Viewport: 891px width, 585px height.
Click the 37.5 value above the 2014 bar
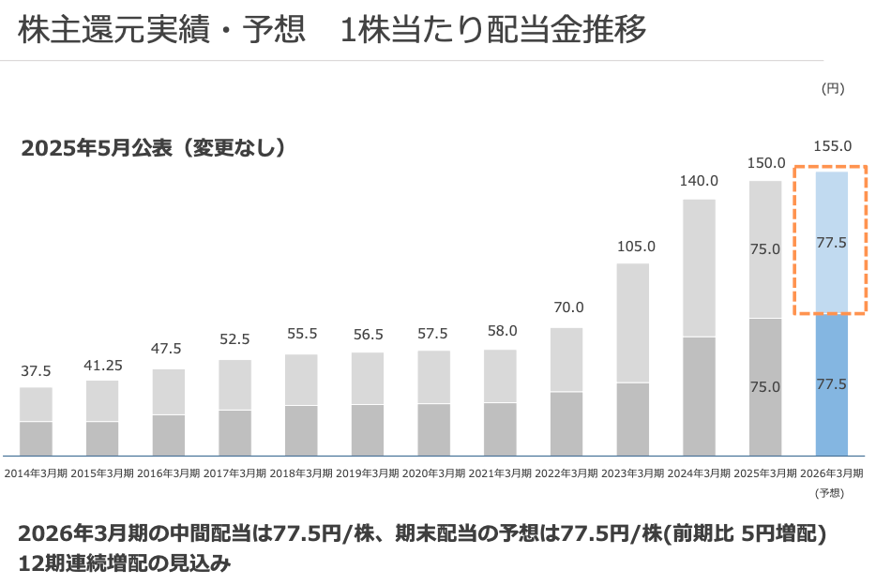point(36,371)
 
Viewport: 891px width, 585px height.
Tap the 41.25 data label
point(102,364)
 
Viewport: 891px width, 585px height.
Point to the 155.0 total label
point(832,146)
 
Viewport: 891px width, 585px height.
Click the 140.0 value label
point(699,181)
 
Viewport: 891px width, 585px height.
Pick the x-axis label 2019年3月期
point(368,473)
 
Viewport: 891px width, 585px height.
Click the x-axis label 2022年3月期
point(566,473)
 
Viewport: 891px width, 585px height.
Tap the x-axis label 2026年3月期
point(832,473)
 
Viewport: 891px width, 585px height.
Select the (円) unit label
point(832,89)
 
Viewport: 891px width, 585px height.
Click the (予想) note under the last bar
point(832,492)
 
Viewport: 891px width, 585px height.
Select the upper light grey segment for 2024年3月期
point(699,267)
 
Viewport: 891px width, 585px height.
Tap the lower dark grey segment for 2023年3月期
point(633,419)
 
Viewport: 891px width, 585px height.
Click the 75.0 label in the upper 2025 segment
point(765,249)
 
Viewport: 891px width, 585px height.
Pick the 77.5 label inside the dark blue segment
point(832,384)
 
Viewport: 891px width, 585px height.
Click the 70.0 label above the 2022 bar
point(566,307)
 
